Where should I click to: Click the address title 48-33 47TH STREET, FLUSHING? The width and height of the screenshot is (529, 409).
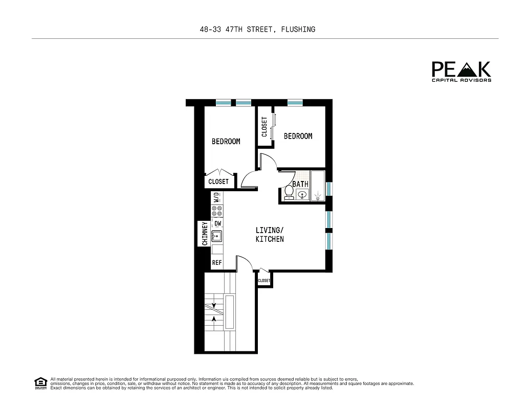click(257, 30)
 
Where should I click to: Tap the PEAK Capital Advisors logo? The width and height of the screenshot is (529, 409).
click(461, 72)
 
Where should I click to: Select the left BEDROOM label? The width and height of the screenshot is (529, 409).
click(226, 141)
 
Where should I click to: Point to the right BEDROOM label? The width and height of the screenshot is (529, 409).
click(298, 136)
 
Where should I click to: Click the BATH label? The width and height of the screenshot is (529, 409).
click(300, 184)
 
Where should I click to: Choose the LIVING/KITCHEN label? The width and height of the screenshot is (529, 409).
click(270, 235)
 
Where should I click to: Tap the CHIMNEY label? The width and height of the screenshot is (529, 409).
click(205, 234)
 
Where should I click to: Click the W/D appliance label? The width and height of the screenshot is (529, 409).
click(217, 197)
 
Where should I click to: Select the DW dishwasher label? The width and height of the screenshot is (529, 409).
click(217, 223)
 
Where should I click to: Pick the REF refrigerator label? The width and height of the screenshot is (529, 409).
click(217, 263)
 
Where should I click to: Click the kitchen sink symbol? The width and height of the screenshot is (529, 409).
click(217, 236)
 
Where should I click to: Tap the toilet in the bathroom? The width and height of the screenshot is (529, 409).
click(289, 193)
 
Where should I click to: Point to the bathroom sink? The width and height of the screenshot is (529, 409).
click(302, 195)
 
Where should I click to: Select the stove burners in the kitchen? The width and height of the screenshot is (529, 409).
click(217, 211)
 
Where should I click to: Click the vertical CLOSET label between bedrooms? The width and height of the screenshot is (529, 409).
click(264, 127)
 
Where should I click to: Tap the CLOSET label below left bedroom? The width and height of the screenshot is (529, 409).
click(218, 181)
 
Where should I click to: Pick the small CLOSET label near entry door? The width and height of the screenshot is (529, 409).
click(264, 281)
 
